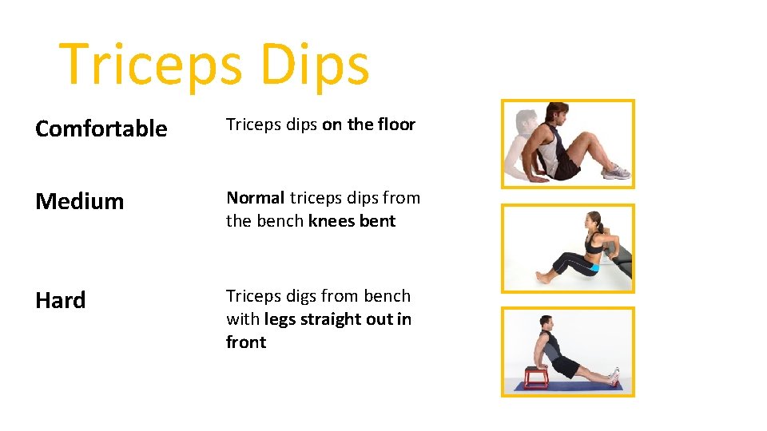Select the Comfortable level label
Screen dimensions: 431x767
point(101,129)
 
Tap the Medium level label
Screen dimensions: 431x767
point(80,201)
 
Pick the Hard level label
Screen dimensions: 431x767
point(60,300)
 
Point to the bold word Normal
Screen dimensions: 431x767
point(256,198)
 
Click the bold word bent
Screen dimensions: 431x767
point(376,221)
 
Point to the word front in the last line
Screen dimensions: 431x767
point(246,342)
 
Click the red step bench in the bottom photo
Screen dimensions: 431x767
point(535,376)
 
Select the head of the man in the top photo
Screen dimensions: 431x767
point(554,113)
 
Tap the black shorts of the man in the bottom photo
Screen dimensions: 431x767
point(564,365)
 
